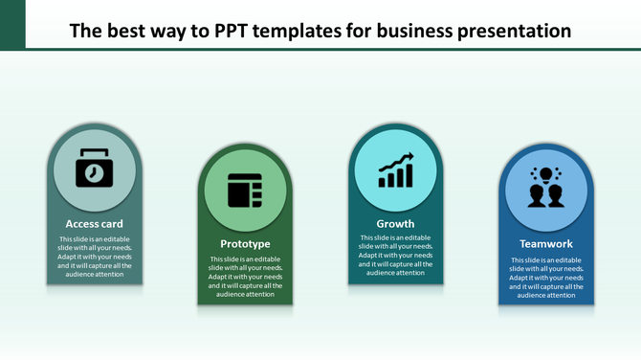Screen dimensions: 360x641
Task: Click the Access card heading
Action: pyautogui.click(x=95, y=224)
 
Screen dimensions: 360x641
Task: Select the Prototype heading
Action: pyautogui.click(x=245, y=244)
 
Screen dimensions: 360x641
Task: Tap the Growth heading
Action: pyautogui.click(x=395, y=224)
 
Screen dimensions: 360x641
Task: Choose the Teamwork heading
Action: pyautogui.click(x=546, y=244)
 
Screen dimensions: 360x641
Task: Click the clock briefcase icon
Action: pyautogui.click(x=95, y=169)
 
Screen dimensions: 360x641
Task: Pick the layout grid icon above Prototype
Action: pyautogui.click(x=245, y=190)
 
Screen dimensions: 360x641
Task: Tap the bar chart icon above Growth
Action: pyautogui.click(x=395, y=170)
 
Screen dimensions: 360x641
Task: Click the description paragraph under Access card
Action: pyautogui.click(x=95, y=257)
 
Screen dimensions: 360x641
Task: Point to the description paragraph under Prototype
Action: pyautogui.click(x=245, y=277)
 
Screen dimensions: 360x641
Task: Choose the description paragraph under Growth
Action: pyautogui.click(x=395, y=256)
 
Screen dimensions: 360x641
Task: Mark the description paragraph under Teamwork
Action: pyautogui.click(x=546, y=278)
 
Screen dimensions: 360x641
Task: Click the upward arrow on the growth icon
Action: pyautogui.click(x=404, y=158)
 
